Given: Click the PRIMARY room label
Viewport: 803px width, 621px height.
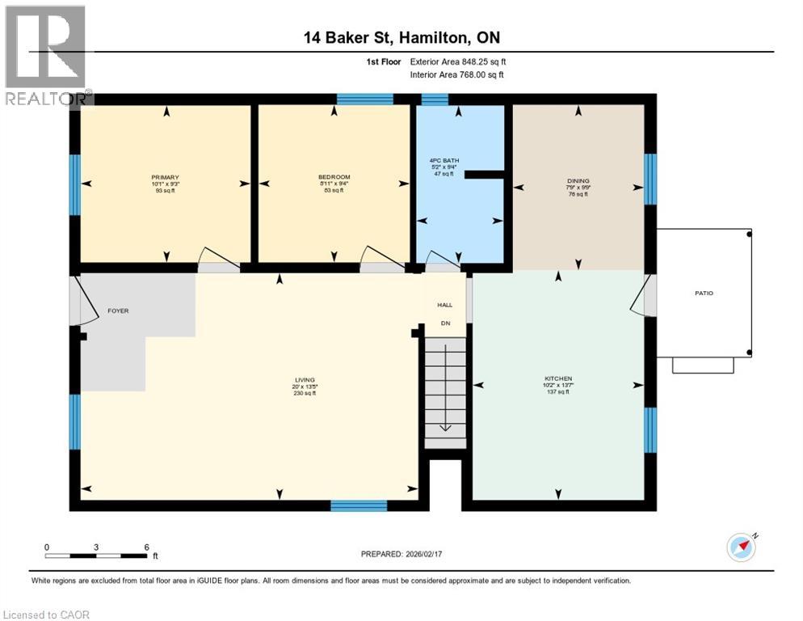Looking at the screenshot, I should pos(165,177).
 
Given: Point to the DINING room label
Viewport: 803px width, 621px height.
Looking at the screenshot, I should pos(578,181).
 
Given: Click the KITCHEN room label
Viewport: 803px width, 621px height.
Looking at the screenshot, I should pos(558,378).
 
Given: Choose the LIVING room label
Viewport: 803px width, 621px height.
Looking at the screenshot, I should pos(305,379).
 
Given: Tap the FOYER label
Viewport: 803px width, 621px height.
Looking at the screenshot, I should pos(118,310).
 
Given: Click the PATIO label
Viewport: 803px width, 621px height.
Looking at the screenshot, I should pos(704,293).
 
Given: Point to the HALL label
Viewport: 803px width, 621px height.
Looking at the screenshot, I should pos(444,305).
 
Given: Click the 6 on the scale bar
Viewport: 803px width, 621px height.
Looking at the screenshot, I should pos(146,547).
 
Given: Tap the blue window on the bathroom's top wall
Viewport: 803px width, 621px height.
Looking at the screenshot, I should pos(435,99).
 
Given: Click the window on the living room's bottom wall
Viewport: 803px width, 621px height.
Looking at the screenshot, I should pos(359,505).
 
